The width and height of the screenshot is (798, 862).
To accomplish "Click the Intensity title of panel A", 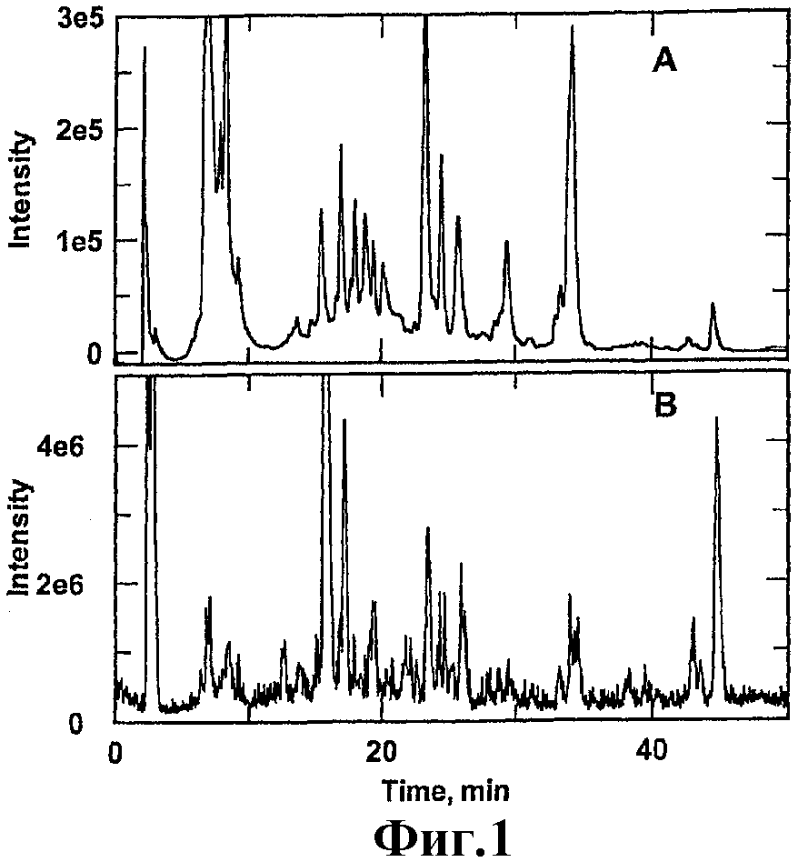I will (21, 190).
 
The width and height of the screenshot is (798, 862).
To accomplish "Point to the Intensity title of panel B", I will (21, 536).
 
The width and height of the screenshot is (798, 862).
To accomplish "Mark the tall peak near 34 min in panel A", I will (572, 29).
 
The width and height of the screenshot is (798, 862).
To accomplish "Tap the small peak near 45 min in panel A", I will (713, 305).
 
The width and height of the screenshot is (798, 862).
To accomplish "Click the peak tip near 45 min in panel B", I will (717, 419).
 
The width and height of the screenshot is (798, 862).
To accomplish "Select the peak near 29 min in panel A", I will (506, 242).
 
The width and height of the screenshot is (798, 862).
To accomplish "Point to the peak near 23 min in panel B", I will (427, 528).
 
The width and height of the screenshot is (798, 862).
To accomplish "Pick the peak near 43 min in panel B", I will (693, 619).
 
